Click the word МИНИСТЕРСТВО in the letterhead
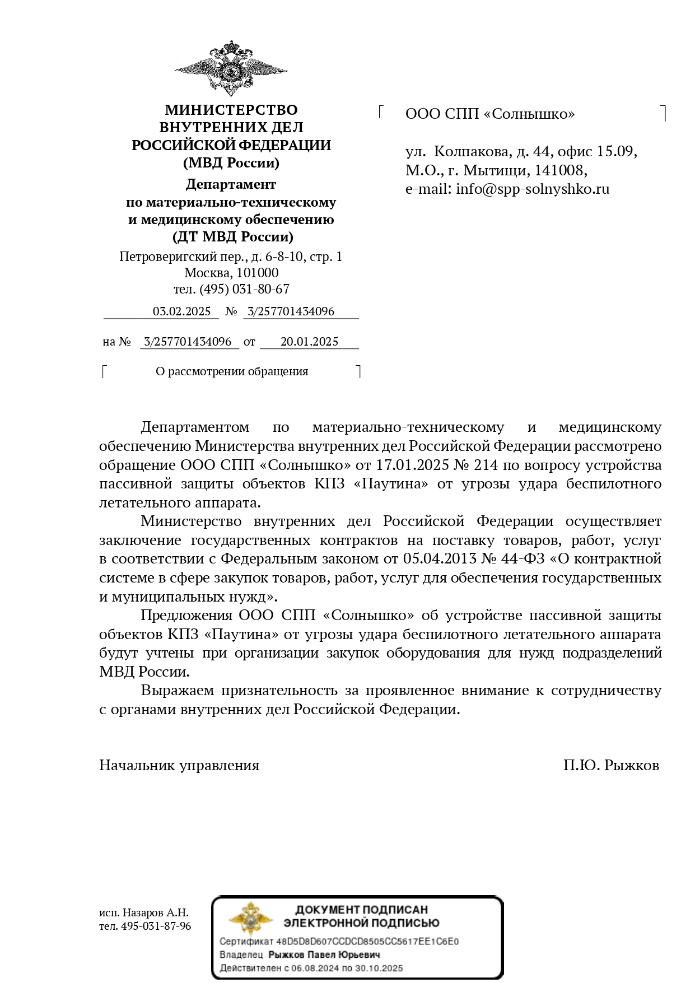(231, 110)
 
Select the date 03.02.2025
(181, 311)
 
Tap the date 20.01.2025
(309, 342)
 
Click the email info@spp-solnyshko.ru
(532, 189)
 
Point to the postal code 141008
(559, 170)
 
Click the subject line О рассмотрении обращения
(232, 371)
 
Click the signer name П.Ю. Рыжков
(611, 765)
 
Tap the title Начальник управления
(179, 765)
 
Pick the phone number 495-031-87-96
(156, 926)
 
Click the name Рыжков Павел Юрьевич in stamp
(324, 955)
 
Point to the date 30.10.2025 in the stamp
(380, 968)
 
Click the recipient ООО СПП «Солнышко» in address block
(490, 114)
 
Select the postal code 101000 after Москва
(257, 273)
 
